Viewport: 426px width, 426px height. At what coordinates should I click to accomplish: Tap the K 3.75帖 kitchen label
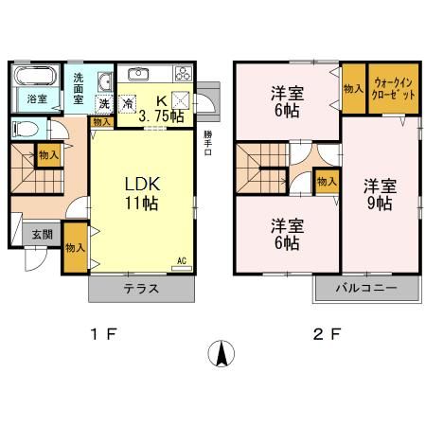[x=158, y=109]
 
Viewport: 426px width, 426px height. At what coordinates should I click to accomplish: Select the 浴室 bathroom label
[x=35, y=98]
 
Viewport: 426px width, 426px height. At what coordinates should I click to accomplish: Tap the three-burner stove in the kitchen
[x=181, y=76]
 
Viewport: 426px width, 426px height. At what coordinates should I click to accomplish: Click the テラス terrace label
[x=138, y=289]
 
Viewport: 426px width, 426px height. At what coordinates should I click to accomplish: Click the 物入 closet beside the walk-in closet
[x=352, y=88]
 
